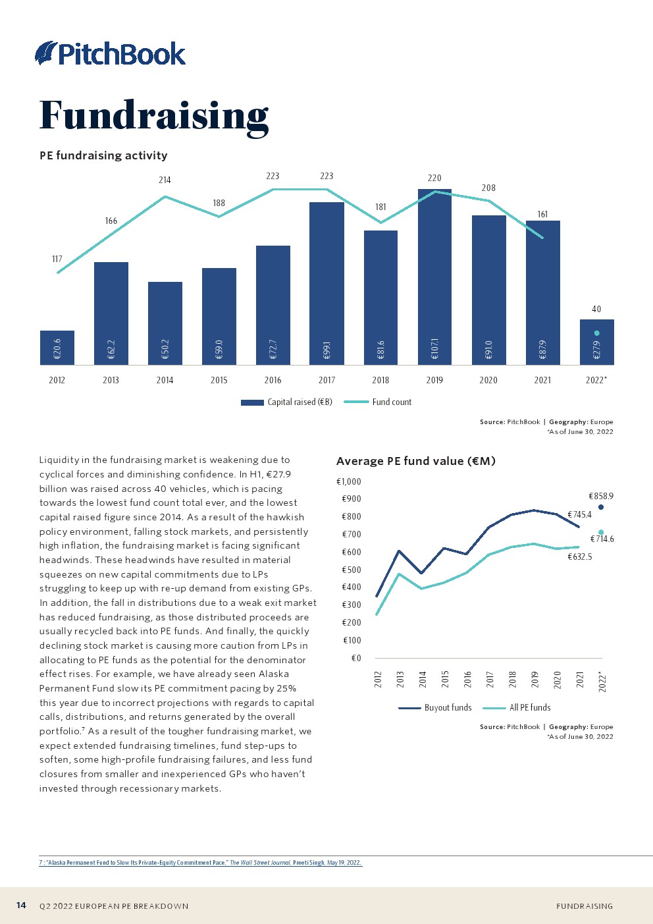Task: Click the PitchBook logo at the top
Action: click(111, 53)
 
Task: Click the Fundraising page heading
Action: click(154, 116)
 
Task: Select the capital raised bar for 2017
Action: click(326, 283)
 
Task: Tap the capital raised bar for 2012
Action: click(57, 347)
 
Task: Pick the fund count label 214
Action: click(165, 180)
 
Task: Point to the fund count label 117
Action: click(57, 259)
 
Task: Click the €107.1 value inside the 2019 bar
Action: click(434, 349)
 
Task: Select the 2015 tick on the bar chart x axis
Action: click(219, 380)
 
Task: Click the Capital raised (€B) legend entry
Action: click(287, 402)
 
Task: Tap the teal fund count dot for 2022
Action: click(596, 333)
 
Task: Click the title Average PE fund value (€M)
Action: click(416, 461)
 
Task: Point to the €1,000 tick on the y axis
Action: click(349, 481)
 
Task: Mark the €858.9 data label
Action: click(601, 496)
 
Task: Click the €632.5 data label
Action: click(580, 557)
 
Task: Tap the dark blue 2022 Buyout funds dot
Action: click(601, 507)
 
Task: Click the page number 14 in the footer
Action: click(21, 906)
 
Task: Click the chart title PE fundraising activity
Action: click(103, 155)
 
